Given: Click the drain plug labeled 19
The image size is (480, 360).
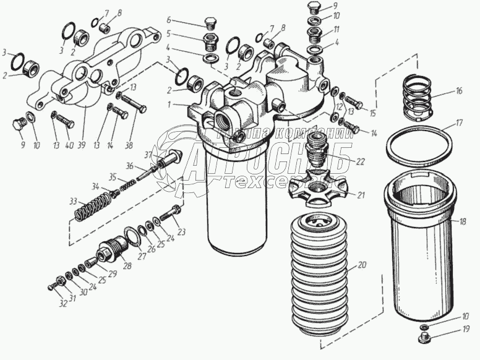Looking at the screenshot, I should [x=424, y=338].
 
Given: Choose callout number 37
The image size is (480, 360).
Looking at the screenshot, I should [x=148, y=153].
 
